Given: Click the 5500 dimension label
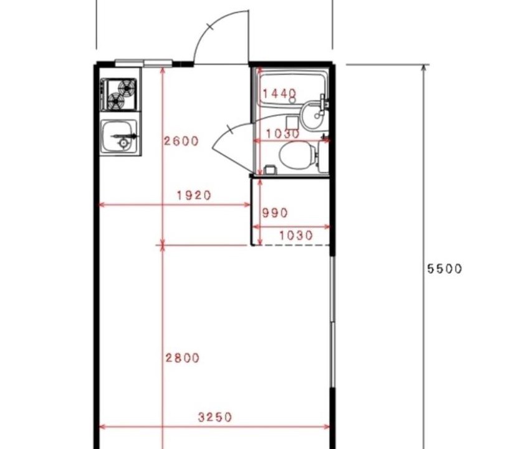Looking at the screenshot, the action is (445, 269).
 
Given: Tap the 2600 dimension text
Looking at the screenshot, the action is (181, 141).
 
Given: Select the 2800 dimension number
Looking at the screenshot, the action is (182, 358).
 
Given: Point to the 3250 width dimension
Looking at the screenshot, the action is (215, 417).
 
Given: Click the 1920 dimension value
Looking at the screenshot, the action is (194, 195).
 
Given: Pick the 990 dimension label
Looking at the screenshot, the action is (275, 213).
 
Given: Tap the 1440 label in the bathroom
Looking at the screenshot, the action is (280, 94).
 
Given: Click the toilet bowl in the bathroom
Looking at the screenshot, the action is (297, 155).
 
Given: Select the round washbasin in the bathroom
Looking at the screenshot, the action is (312, 116).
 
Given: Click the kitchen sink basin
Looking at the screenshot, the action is (119, 137).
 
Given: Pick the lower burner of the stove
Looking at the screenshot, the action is (116, 101).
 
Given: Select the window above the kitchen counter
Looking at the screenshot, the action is (143, 63).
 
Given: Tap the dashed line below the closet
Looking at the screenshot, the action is (291, 245).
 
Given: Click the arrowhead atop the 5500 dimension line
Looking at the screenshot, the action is (424, 68).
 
